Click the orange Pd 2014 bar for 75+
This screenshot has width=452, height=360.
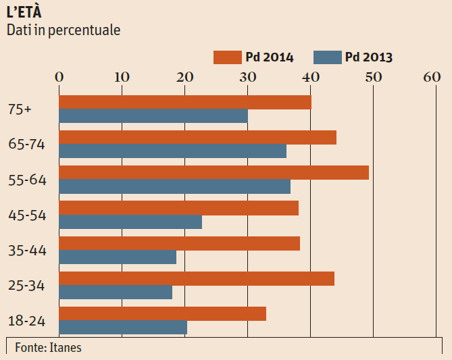pos(185,103)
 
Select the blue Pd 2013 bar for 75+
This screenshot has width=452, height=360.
pos(153,116)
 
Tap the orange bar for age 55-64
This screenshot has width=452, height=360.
pos(214,173)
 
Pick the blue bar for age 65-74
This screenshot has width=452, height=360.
pos(173,151)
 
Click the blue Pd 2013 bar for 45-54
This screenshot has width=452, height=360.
pos(130,222)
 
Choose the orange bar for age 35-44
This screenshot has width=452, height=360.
pos(180,243)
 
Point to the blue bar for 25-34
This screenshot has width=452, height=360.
pos(116,292)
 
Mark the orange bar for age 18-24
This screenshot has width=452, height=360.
pos(163,313)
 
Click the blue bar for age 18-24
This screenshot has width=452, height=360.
pos(123,327)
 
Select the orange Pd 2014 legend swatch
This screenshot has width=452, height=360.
pos(227,57)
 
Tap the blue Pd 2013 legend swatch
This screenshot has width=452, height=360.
pos(328,57)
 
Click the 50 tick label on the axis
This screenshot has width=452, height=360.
pos(373,77)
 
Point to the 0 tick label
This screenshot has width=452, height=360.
pos(59,77)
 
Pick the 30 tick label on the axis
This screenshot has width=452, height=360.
pos(247,77)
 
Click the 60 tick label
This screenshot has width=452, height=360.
pos(432,77)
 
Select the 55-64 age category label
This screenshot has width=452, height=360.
pos(28,180)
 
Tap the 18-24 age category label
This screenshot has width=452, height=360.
pos(28,321)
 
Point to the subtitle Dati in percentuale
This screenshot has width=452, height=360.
pos(64,30)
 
